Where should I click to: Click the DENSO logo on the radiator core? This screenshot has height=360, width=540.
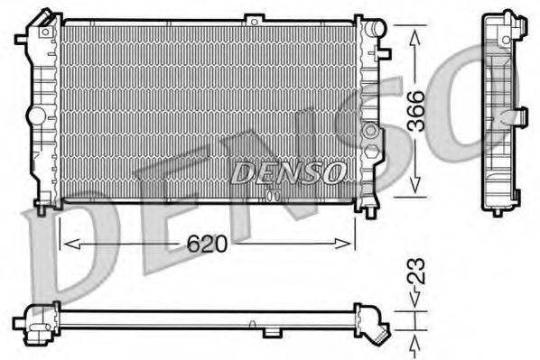(x=288, y=172)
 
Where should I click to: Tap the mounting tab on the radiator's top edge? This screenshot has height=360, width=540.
(x=256, y=18)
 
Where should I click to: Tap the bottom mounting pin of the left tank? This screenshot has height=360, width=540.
(x=42, y=211)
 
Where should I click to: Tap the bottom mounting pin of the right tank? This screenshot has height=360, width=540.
(x=371, y=212)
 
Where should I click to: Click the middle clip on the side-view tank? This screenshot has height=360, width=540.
(x=519, y=115)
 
